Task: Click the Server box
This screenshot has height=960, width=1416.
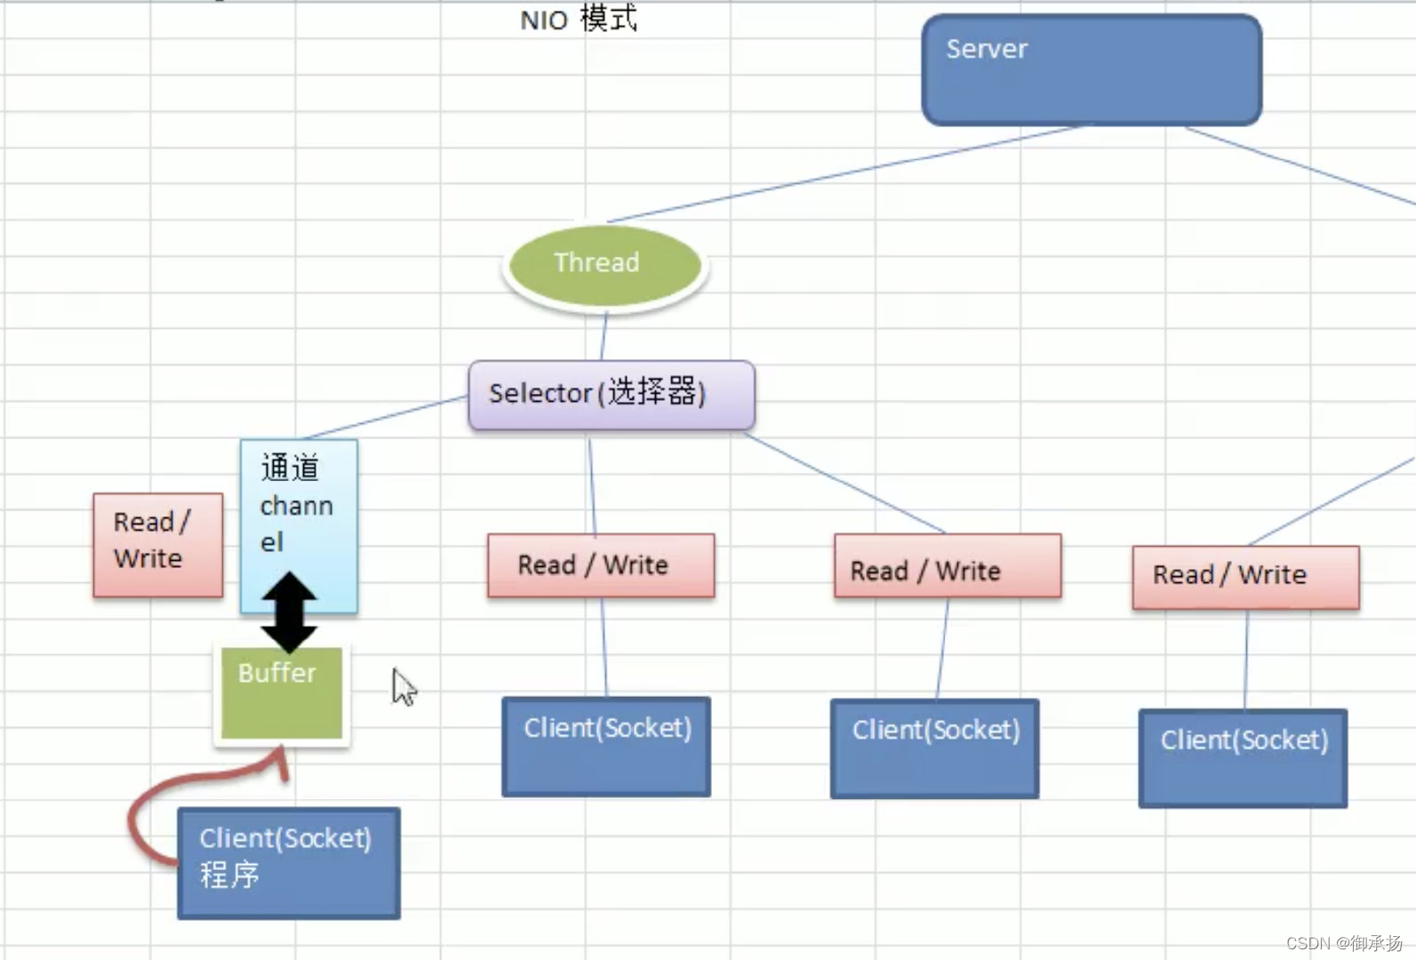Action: tap(1092, 69)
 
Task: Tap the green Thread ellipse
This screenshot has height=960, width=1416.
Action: tap(605, 266)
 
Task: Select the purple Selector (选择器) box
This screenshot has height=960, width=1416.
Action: tap(612, 395)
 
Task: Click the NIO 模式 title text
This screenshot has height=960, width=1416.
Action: tap(579, 19)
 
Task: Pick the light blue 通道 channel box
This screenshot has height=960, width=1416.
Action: tap(299, 526)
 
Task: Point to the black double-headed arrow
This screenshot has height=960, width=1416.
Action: tap(290, 612)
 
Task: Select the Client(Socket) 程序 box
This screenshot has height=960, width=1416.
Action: tap(289, 863)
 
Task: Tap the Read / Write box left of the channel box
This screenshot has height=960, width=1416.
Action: tap(158, 545)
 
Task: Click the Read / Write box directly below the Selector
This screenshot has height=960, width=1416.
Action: tap(601, 565)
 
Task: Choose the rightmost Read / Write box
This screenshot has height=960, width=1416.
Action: tap(1246, 577)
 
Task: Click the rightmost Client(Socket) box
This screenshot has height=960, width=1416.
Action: tap(1244, 757)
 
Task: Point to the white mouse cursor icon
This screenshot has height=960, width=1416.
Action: tap(404, 687)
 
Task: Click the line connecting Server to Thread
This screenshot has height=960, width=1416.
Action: tap(847, 173)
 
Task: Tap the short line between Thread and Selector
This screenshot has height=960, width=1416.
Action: tap(603, 336)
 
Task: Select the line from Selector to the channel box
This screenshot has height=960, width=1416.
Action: tap(387, 417)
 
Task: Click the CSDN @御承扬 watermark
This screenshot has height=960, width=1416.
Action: tap(1345, 943)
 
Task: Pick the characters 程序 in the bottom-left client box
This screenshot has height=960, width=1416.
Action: tap(229, 875)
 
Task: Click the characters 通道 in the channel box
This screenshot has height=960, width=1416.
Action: tap(290, 468)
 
